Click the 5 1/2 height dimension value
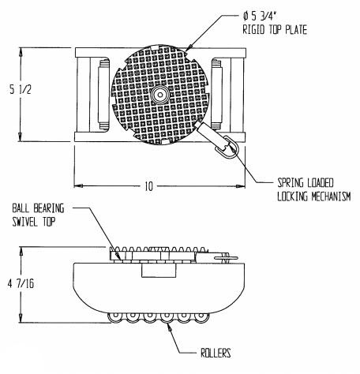(21, 90)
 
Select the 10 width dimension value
(148, 186)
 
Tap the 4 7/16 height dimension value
(21, 284)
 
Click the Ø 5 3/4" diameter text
(260, 17)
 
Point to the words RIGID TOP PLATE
(275, 29)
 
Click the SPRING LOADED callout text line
(306, 183)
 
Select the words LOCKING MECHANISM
(314, 196)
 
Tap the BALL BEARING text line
(38, 208)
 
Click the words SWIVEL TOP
(34, 222)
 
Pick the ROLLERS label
(216, 353)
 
